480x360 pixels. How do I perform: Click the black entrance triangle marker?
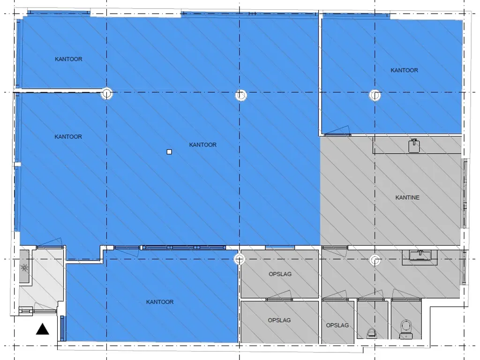(43, 330)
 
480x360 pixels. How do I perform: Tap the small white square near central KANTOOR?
(170, 151)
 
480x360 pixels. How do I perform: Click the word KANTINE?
(407, 197)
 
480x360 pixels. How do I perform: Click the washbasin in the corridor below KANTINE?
(420, 255)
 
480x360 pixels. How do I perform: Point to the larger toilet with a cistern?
(405, 328)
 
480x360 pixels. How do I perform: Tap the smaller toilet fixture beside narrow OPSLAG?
(373, 332)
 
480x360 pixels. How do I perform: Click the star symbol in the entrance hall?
(24, 268)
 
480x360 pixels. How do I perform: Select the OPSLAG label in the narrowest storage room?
(337, 325)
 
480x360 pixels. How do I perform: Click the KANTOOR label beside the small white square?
(202, 145)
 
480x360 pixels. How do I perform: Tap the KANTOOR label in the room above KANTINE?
(404, 70)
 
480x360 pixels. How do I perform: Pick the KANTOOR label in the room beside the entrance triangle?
(159, 302)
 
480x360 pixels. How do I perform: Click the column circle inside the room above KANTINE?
(375, 95)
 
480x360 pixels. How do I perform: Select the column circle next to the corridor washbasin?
(375, 259)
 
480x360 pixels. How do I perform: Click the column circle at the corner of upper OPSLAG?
(240, 259)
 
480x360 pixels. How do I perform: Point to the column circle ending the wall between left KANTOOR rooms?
(107, 93)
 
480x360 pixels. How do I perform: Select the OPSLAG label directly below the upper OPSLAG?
(279, 320)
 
